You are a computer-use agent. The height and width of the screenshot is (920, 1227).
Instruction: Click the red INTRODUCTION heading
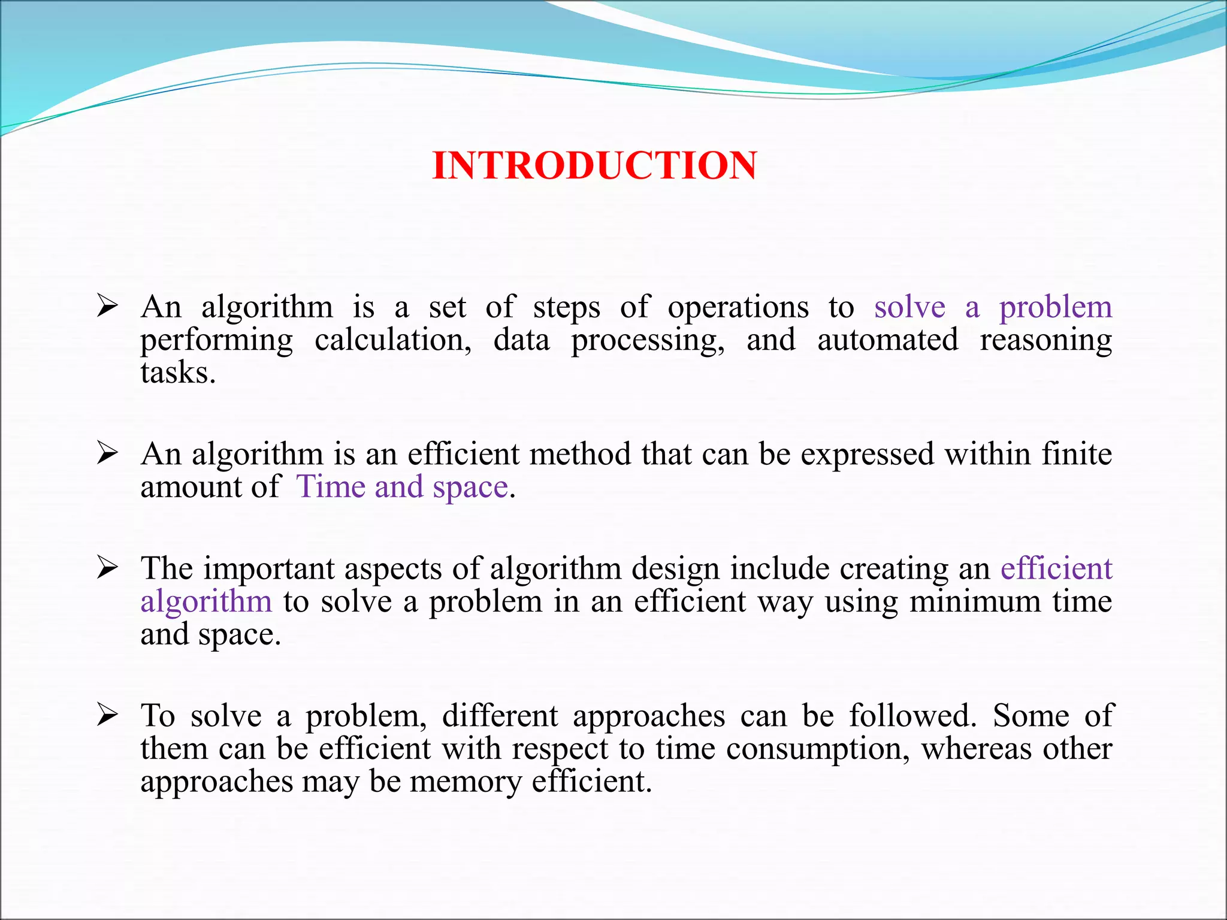[x=594, y=165]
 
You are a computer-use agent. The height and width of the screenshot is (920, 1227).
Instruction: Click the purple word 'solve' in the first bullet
[x=909, y=307]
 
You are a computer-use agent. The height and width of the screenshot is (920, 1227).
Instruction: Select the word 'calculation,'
[x=393, y=340]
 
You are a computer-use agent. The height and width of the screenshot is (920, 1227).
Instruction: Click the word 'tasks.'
[x=178, y=373]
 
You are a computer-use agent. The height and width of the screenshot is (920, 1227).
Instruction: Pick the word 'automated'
[x=888, y=340]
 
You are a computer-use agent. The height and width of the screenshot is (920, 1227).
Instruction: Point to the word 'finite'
[x=1077, y=454]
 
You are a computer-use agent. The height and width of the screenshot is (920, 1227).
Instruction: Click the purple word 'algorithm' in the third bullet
[x=206, y=601]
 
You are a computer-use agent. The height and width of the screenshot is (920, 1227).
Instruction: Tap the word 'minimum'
[x=975, y=601]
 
